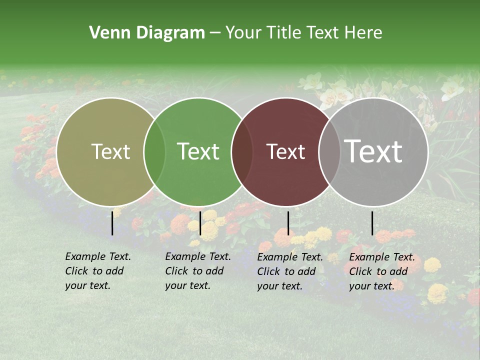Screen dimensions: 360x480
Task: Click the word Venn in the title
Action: [x=107, y=33]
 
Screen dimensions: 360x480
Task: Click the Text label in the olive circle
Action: [x=111, y=152]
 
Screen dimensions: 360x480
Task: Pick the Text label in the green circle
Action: [x=198, y=152]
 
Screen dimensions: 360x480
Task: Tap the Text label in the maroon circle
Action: [x=286, y=152]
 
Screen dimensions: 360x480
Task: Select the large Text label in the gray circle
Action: [x=373, y=151]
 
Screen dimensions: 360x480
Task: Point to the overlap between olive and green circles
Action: [x=154, y=151]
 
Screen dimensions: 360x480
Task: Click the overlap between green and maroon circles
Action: [x=242, y=151]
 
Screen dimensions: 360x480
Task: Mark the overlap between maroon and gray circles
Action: [x=329, y=151]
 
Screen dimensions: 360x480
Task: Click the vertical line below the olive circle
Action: [x=112, y=222]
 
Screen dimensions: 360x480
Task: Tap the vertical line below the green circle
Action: [x=200, y=223]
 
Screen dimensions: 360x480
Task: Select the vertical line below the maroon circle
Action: [x=288, y=223]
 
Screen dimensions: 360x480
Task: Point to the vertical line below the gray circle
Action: [x=372, y=223]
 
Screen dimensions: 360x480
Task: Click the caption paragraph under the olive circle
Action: [x=97, y=271]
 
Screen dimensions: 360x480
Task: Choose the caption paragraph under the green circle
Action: [x=197, y=271]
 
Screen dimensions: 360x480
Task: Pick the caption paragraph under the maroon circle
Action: [x=289, y=271]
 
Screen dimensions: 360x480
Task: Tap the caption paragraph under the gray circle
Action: [x=381, y=271]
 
